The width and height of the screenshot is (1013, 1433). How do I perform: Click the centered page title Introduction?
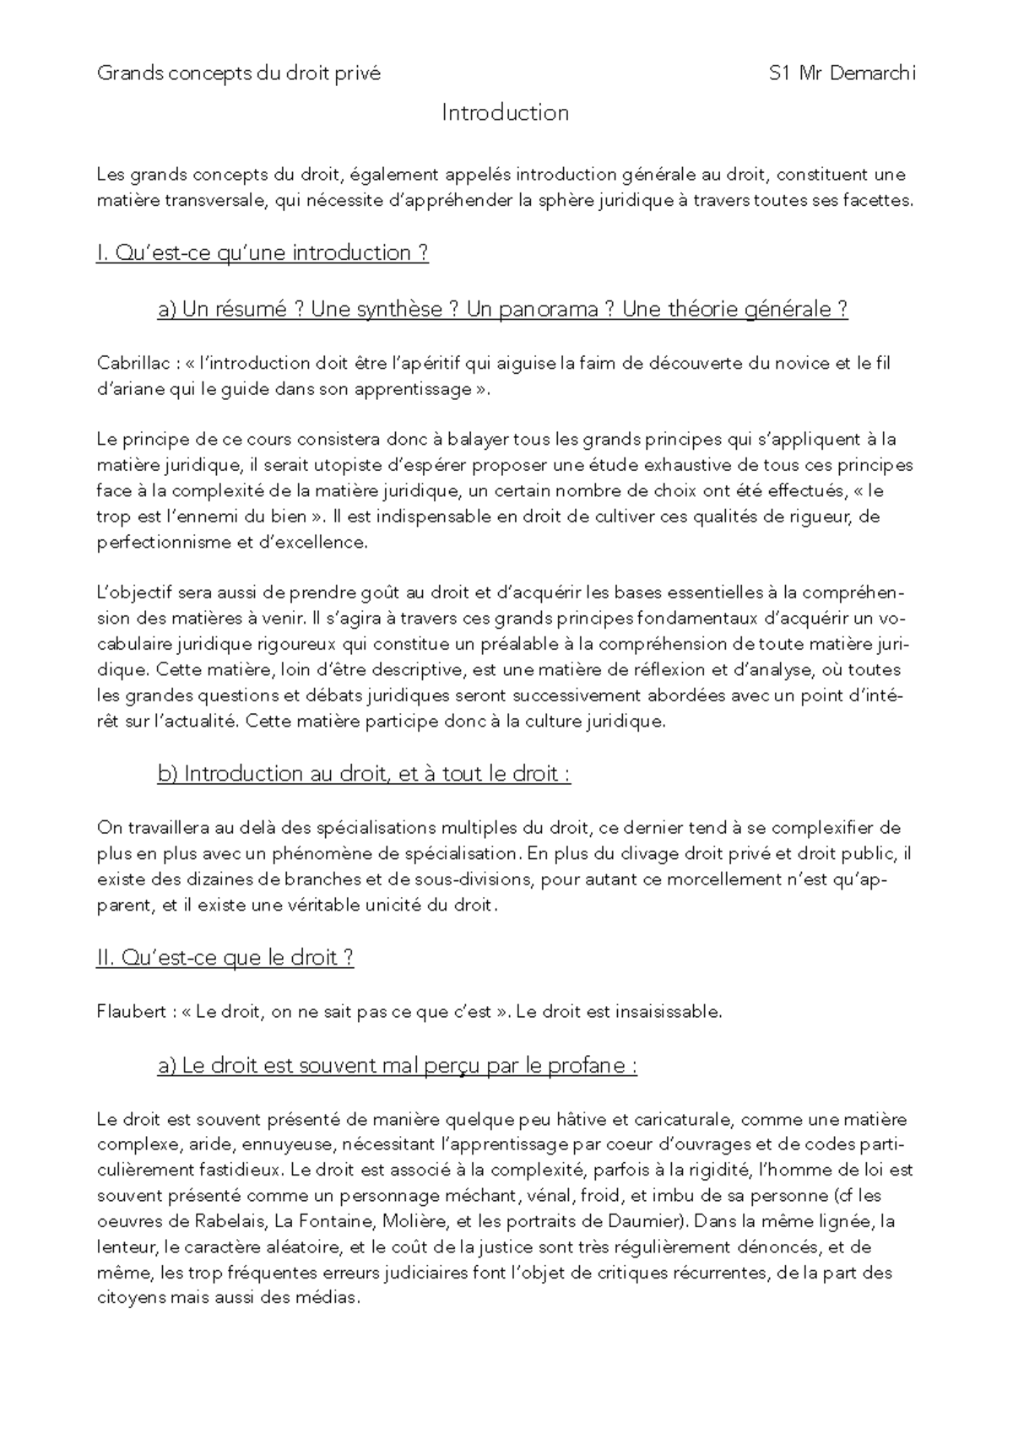click(505, 113)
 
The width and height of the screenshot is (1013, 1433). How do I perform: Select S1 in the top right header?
click(780, 73)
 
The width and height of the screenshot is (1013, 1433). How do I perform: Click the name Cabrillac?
click(132, 364)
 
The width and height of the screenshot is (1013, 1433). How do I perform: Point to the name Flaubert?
click(131, 1012)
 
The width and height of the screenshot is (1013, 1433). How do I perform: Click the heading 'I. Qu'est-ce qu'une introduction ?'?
click(263, 253)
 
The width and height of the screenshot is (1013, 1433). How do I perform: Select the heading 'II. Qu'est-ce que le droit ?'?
click(225, 958)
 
